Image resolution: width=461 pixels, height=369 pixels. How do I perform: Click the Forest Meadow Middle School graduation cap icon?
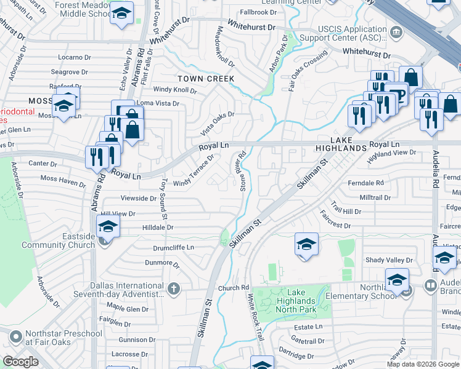click(121, 14)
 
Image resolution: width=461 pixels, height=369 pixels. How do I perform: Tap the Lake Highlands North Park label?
click(293, 301)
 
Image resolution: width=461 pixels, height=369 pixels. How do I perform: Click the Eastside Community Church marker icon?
click(104, 242)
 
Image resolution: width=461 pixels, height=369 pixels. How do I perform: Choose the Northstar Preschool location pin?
click(15, 337)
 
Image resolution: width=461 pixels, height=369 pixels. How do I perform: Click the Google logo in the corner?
click(21, 362)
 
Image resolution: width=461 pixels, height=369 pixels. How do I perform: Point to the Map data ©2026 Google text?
click(422, 364)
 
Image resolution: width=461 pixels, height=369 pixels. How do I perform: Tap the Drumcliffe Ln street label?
click(173, 247)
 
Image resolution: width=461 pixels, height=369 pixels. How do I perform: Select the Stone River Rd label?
click(243, 172)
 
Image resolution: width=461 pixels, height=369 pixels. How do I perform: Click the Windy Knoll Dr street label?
click(174, 90)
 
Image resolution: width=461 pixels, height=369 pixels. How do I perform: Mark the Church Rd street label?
click(233, 287)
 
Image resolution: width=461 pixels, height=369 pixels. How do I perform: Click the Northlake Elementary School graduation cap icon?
click(397, 280)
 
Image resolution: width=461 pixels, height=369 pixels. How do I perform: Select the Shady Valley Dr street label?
click(388, 261)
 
